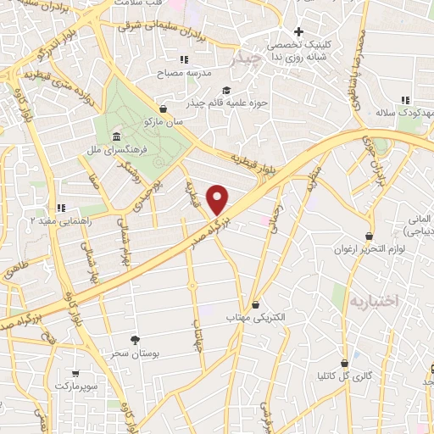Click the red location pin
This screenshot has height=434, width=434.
click(x=218, y=199)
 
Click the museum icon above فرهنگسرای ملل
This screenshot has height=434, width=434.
click(x=116, y=137)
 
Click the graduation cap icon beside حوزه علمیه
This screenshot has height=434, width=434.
click(x=225, y=91)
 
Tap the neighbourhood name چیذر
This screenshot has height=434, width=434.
click(x=245, y=59)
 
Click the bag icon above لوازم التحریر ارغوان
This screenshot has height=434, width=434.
click(x=369, y=236)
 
